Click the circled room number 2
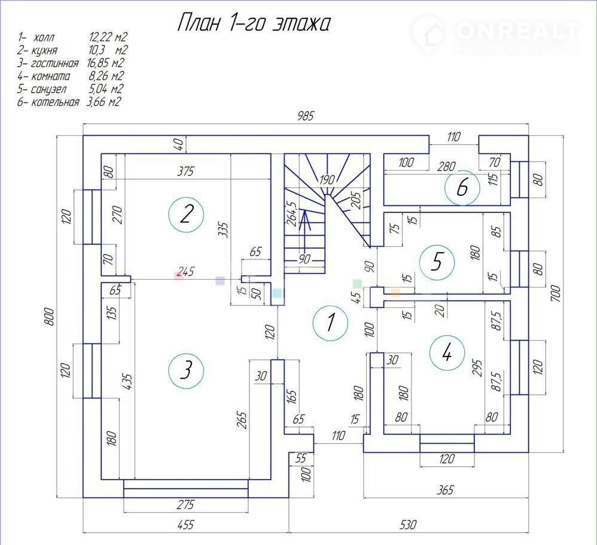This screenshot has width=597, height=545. point(186,215)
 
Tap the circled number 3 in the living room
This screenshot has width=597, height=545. point(186,370)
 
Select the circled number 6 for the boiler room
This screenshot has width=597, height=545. point(462,187)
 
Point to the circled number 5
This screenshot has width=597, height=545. point(437,262)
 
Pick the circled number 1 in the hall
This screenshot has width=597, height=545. point(330,322)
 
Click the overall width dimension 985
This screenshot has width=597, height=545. point(305,116)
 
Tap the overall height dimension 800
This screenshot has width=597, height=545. point(50,317)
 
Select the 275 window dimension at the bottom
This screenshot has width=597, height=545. point(185,505)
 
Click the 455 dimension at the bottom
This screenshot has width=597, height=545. point(185,525)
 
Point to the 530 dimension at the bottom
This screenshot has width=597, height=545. point(408,525)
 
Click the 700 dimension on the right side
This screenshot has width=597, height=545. point(556,293)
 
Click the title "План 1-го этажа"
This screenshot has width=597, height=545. point(254,23)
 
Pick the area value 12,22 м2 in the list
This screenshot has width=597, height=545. point(108,37)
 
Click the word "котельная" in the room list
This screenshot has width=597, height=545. point(55,102)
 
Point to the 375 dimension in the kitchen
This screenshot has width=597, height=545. point(185,171)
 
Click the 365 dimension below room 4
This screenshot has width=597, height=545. point(445,490)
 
